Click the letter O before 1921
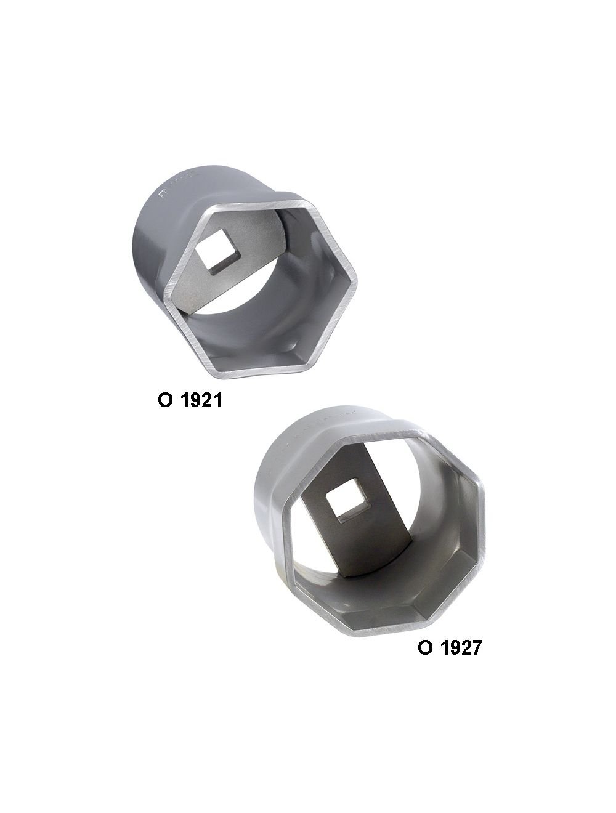tap(165, 401)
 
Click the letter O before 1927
tap(424, 648)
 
